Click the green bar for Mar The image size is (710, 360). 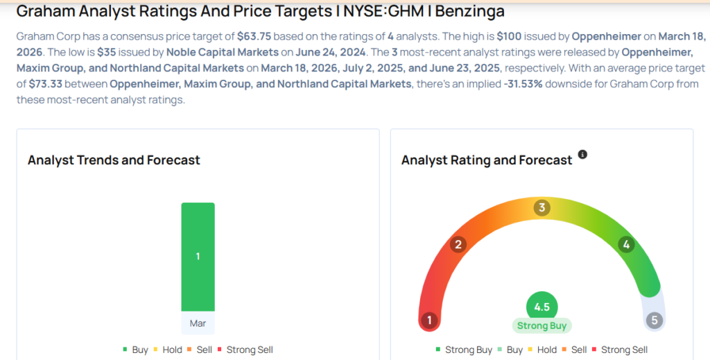(x=198, y=257)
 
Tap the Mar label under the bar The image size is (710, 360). (x=198, y=323)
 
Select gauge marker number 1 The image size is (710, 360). (x=429, y=320)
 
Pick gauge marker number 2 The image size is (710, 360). (x=458, y=245)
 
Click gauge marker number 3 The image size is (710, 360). (x=542, y=208)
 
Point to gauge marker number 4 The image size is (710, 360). (x=626, y=245)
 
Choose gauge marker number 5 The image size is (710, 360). (x=655, y=320)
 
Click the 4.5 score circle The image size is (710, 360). (x=542, y=307)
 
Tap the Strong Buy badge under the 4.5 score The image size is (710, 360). (x=542, y=325)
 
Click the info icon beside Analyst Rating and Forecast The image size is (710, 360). (x=582, y=155)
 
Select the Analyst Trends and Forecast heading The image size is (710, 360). (x=114, y=160)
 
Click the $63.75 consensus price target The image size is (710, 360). (x=254, y=37)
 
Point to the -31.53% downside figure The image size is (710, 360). (x=523, y=84)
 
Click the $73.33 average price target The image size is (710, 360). (x=45, y=84)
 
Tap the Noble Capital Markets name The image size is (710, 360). (x=223, y=53)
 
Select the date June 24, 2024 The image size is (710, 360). (x=331, y=53)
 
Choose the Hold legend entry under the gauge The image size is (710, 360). (x=542, y=350)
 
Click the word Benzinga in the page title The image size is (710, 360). (x=470, y=11)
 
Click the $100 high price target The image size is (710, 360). (x=509, y=37)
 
